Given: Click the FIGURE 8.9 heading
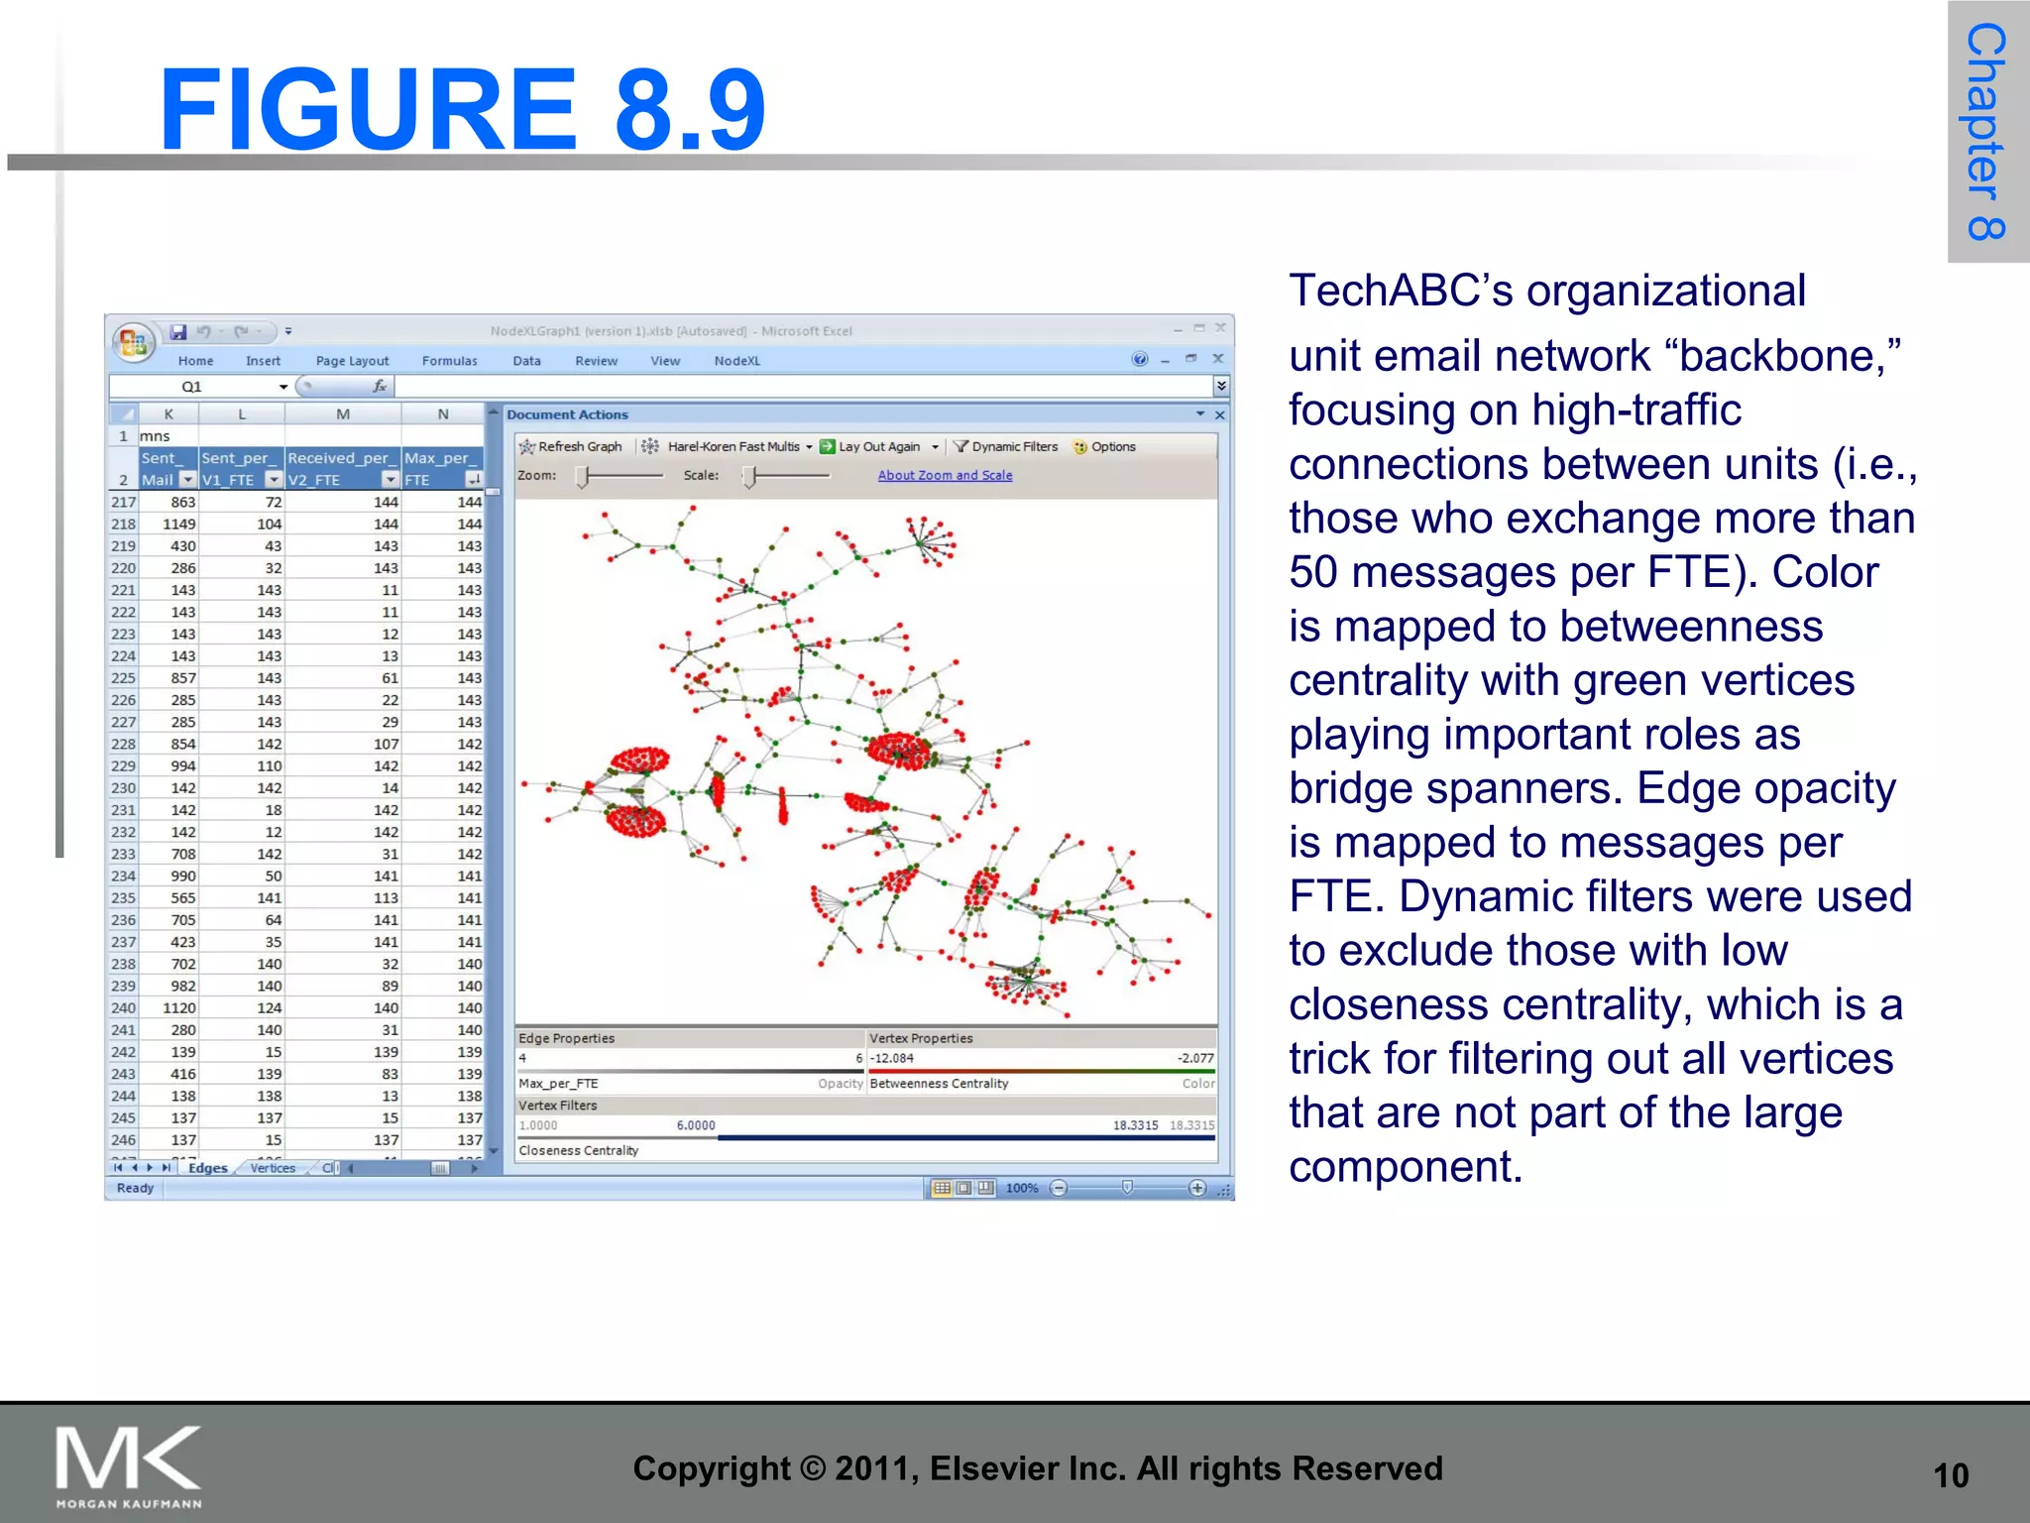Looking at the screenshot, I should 462,109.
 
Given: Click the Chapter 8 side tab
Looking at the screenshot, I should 1985,131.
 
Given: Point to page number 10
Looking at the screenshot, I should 1950,1475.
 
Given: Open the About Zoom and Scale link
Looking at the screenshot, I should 945,476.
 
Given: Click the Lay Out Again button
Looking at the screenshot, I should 871,447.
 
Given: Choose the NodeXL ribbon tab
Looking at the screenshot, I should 736,361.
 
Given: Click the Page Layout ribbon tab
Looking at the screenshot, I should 352,361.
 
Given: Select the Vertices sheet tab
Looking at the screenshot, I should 273,1168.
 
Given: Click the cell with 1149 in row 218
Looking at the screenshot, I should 179,525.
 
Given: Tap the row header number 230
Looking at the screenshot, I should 123,788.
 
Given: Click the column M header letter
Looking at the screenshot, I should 342,414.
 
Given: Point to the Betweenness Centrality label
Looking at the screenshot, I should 939,1084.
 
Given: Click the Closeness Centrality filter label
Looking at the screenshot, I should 578,1151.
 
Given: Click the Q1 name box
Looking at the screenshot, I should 191,387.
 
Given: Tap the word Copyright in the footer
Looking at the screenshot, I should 711,1468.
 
